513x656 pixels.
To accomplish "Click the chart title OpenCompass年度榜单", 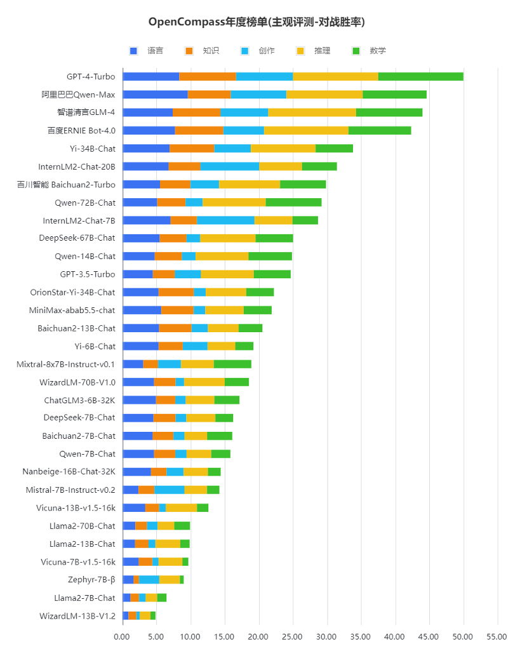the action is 208,22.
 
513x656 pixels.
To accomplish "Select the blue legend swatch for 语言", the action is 133,51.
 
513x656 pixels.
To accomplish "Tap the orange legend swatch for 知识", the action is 189,51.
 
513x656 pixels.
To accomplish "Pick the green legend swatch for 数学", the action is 356,51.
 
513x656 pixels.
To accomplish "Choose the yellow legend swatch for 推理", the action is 300,51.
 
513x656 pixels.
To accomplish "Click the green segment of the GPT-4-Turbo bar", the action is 421,77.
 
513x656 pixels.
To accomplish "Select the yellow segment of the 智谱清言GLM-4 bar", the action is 312,112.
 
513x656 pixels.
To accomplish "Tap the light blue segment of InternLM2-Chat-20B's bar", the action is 230,166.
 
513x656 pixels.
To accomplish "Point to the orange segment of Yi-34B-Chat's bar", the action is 192,149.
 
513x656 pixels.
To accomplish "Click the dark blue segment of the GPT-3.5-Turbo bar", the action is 138,274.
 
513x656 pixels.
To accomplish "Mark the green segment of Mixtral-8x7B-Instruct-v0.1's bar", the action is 232,365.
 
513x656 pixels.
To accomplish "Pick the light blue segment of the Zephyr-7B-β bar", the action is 149,580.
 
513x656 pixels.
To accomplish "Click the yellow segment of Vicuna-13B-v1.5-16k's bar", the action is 181,508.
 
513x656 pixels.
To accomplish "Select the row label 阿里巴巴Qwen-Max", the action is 78,95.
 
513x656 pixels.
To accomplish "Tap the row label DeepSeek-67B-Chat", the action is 77,238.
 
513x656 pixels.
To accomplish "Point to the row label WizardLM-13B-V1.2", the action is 77,616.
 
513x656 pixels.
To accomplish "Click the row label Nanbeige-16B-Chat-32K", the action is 69,471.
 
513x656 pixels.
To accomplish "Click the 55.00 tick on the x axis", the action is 497,637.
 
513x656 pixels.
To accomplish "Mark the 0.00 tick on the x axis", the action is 122,637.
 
